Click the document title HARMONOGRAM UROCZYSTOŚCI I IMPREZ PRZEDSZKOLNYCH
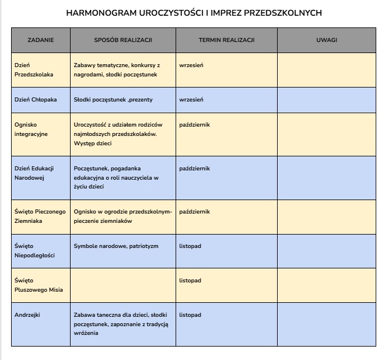[193, 12]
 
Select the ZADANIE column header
[41, 40]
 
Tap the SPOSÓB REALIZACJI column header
[123, 40]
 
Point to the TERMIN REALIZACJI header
[226, 40]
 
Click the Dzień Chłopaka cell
[36, 100]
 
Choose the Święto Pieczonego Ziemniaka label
[40, 216]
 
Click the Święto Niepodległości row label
[34, 251]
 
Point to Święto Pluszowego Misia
[38, 285]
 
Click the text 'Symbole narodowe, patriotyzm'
[116, 246]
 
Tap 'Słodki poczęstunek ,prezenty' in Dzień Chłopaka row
[113, 100]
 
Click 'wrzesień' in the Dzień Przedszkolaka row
[191, 65]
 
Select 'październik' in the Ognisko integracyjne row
[194, 125]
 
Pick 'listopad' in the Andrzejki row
[190, 315]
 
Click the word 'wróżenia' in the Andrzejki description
[86, 333]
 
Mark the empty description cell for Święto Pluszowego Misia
[123, 285]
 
